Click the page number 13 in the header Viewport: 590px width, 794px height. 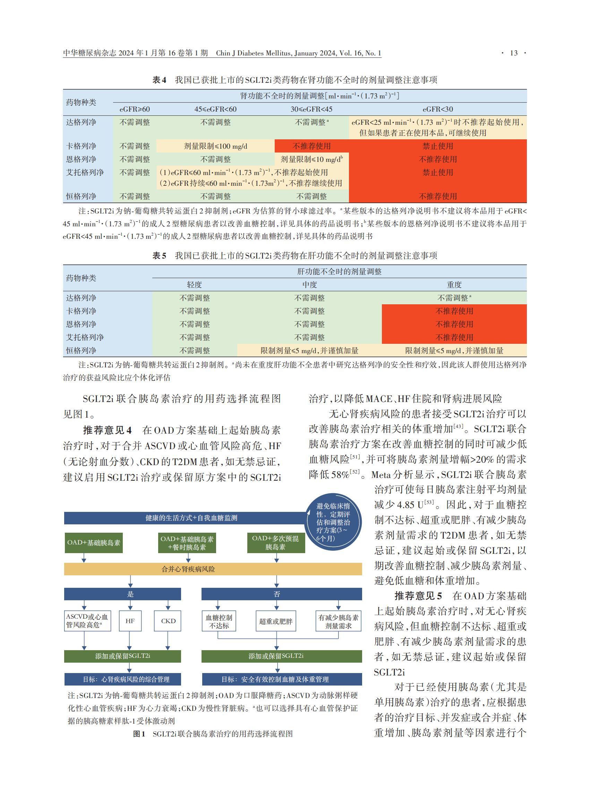click(x=514, y=53)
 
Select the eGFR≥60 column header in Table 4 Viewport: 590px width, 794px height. click(x=135, y=109)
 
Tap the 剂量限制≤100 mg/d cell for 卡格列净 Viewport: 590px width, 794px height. click(x=215, y=146)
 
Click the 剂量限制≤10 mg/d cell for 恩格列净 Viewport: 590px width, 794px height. click(x=311, y=159)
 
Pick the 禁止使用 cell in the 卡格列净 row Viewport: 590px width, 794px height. click(x=437, y=146)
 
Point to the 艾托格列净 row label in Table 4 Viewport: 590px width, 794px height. click(x=85, y=172)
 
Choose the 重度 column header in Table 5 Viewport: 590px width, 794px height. click(x=454, y=285)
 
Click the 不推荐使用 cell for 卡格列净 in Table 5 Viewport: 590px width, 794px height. click(x=454, y=311)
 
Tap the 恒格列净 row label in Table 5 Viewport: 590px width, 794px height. click(x=81, y=350)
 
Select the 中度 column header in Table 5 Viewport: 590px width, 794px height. click(x=309, y=285)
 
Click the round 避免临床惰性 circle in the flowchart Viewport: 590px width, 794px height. click(x=333, y=522)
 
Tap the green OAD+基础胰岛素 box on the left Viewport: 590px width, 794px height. click(x=94, y=543)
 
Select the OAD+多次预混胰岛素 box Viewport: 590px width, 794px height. click(x=276, y=543)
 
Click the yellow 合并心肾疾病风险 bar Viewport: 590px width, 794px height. click(x=213, y=569)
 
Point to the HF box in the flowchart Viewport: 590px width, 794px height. click(x=130, y=621)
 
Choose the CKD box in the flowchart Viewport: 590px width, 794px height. click(x=168, y=621)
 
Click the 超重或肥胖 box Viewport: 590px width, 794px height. click(x=276, y=621)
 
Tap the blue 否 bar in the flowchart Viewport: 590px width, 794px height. click(x=281, y=594)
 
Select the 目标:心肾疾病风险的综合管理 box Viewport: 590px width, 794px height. click(x=122, y=679)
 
